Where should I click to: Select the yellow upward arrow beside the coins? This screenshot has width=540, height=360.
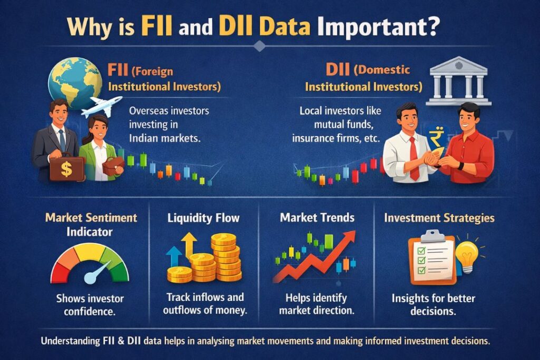188,245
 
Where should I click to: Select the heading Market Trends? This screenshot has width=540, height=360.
317,217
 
